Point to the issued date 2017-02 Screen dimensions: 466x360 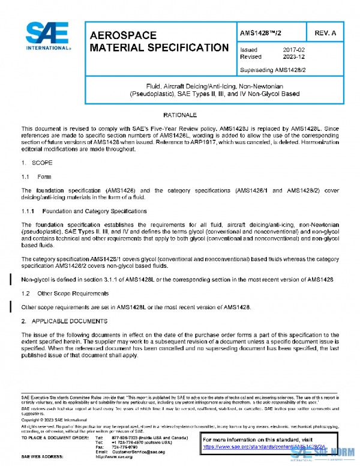tap(295, 50)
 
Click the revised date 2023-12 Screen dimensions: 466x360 tap(295, 57)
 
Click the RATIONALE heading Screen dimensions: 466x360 tap(180, 114)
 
